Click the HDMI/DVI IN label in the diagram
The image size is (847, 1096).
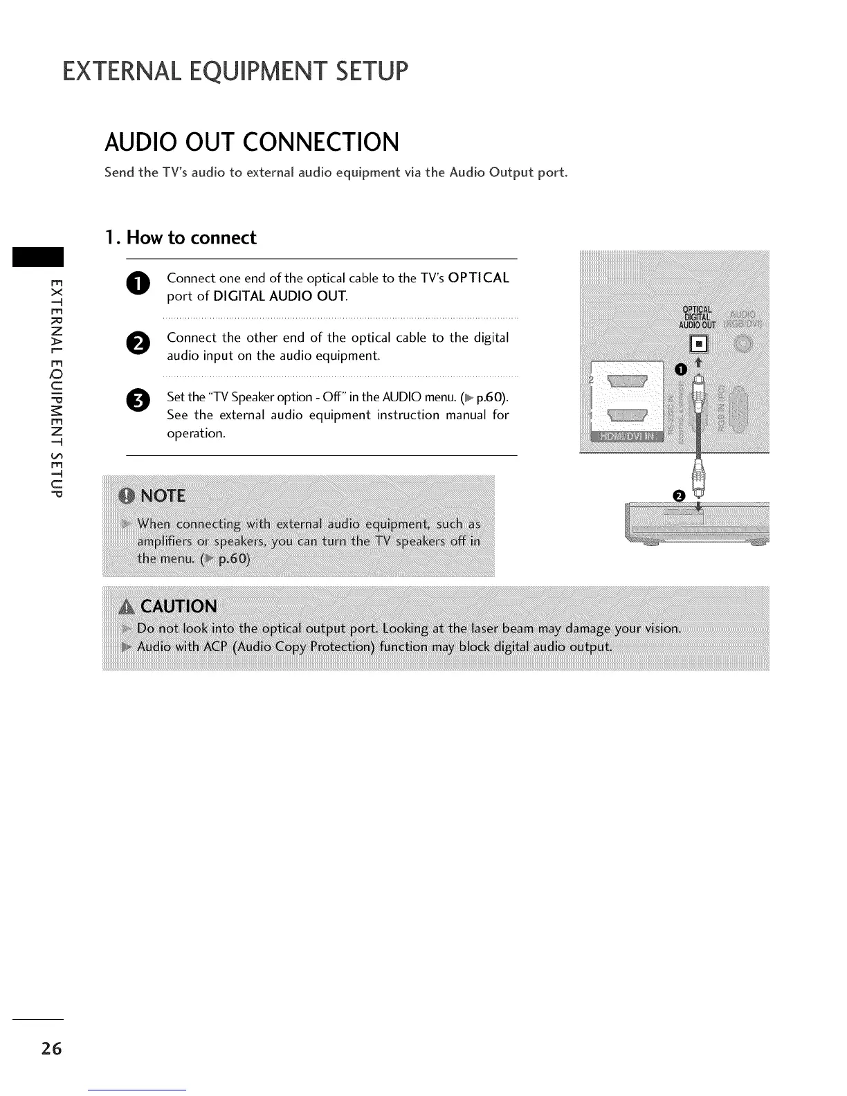626,436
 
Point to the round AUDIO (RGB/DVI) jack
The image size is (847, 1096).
743,344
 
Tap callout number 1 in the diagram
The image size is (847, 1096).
681,369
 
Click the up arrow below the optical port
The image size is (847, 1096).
699,363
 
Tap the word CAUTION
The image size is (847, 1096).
179,607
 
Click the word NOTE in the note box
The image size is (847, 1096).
163,496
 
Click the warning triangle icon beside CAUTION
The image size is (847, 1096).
127,608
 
